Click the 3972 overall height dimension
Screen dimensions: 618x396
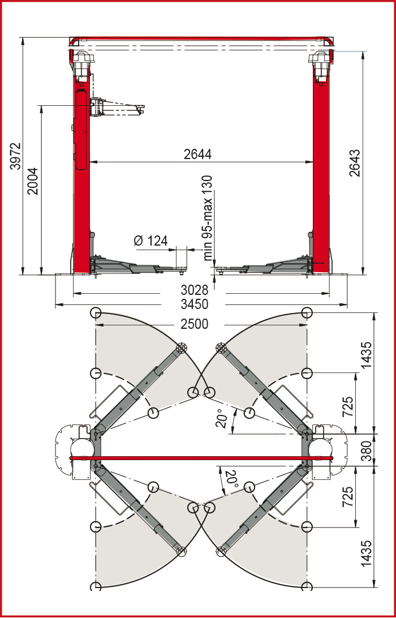[15, 156]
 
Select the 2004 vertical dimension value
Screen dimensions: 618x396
[33, 181]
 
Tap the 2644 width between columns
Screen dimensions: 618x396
[197, 154]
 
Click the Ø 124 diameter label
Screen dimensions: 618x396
[150, 241]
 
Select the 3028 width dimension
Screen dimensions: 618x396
[195, 290]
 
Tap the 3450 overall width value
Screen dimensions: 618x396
[195, 304]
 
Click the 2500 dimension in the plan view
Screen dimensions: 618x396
[195, 324]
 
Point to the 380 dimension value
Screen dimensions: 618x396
[366, 450]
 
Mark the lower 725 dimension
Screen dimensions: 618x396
[348, 497]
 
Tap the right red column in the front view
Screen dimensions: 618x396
[321, 170]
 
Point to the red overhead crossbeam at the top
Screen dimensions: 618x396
[200, 38]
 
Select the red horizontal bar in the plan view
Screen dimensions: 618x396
[200, 457]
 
